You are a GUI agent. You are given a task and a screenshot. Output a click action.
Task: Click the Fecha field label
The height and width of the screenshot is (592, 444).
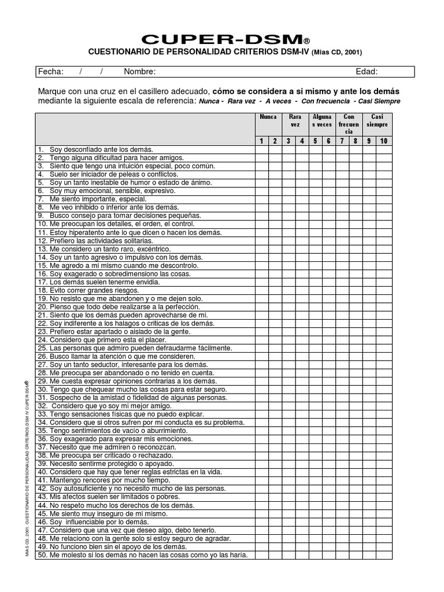point(50,72)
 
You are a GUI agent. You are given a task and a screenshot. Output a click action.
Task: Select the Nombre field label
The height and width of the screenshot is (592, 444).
point(139,72)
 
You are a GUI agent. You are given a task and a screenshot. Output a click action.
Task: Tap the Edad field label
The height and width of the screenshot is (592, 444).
point(367,72)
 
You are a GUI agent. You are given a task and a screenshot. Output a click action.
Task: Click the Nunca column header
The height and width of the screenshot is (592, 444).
point(268,117)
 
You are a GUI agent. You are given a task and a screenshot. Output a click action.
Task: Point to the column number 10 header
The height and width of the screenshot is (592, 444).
point(383,140)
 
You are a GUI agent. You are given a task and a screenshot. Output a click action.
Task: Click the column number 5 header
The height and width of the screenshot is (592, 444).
point(315,140)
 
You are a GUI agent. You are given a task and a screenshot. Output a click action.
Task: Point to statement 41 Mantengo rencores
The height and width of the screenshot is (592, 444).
point(104,480)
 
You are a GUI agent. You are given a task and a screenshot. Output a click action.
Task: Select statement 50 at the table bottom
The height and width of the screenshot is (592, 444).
point(142,555)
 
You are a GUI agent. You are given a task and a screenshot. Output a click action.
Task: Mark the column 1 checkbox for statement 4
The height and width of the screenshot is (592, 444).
point(261,174)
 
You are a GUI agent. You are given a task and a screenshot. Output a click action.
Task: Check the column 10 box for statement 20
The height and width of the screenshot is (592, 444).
point(383,306)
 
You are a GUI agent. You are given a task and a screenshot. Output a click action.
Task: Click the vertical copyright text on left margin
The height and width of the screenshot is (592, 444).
point(27,468)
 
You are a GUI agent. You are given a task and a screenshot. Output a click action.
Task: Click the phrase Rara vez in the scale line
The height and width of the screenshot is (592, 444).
point(243,101)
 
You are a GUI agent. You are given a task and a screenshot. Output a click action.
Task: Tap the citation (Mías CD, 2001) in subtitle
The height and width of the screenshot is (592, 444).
point(336,53)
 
